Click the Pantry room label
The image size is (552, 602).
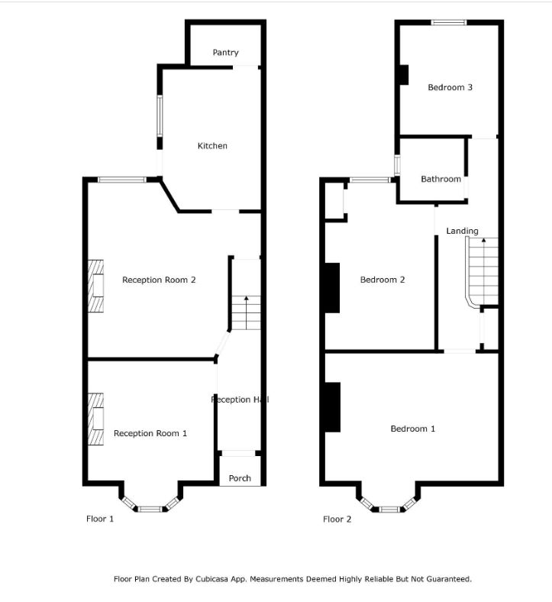[225, 53]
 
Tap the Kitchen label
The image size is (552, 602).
[212, 146]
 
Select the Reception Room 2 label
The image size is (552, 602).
[159, 280]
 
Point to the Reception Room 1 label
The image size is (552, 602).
[150, 433]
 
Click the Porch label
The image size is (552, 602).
[240, 478]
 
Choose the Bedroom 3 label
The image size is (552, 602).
[450, 87]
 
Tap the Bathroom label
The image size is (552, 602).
[441, 179]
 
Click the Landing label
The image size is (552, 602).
[462, 231]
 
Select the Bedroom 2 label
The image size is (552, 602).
[383, 280]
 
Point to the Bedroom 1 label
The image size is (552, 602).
[412, 429]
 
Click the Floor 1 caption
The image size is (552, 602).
[99, 519]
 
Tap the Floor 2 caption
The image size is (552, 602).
[337, 519]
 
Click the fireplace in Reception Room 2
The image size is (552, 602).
[95, 286]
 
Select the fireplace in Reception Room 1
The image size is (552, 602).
[95, 419]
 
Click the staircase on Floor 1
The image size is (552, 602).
[246, 312]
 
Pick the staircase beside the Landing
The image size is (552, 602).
[483, 271]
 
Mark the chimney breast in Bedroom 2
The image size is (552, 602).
[332, 287]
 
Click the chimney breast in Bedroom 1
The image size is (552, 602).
[332, 407]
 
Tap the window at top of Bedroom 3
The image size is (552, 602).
[448, 22]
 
